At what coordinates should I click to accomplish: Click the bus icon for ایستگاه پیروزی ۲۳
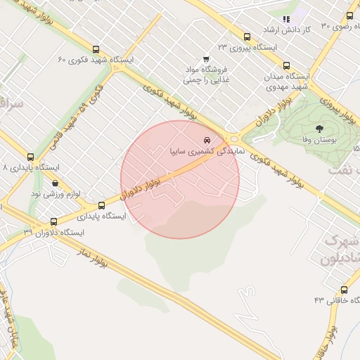[247, 37]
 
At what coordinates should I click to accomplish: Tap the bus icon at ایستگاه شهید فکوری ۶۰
[96, 50]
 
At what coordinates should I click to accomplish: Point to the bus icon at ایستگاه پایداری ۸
[30, 157]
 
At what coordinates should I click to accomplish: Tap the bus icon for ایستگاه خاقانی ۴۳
[344, 290]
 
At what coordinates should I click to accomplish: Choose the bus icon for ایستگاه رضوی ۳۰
[349, 15]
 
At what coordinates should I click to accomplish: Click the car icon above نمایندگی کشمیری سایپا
[205, 139]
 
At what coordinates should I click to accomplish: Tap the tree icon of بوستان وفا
[320, 129]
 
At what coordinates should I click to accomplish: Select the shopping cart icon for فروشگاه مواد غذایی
[205, 59]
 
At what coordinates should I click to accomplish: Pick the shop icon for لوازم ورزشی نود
[55, 182]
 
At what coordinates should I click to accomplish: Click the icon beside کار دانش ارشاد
[285, 20]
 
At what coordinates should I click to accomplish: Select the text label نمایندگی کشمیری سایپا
[208, 150]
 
